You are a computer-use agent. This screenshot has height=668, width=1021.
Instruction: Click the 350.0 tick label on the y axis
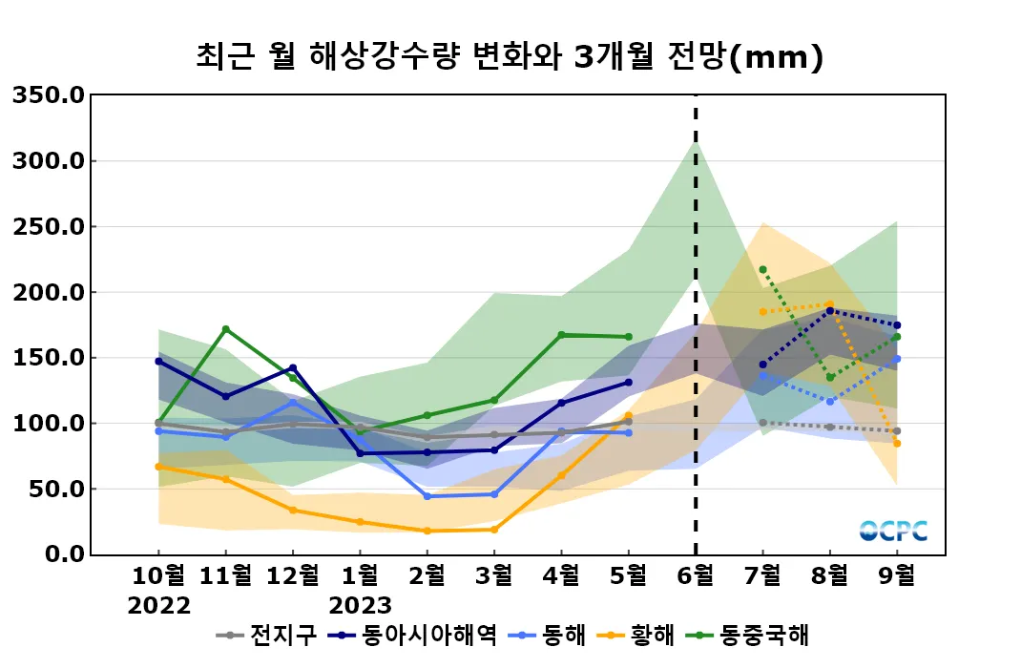coord(50,95)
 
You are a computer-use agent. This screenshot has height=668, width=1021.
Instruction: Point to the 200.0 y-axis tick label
coord(50,292)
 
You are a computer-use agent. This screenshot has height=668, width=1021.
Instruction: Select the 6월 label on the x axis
coord(695,575)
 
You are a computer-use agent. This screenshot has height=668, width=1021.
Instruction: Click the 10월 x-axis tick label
coord(158,575)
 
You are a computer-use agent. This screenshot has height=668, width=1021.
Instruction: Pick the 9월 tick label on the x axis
coord(896,575)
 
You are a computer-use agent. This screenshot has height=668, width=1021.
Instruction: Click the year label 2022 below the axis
coord(158,606)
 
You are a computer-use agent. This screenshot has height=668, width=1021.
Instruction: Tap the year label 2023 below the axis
coord(360,606)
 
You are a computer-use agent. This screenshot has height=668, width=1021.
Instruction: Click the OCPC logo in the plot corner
coord(893,531)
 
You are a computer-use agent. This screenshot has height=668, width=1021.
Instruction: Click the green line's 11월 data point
coord(225,329)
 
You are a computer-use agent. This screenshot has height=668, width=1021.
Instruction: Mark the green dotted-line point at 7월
coord(762,269)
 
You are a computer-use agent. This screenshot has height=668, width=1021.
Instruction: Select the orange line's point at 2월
coord(427,531)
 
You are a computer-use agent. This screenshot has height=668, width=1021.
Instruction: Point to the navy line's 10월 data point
coord(158,361)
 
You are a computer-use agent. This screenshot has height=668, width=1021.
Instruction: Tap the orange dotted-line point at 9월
coord(897,443)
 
